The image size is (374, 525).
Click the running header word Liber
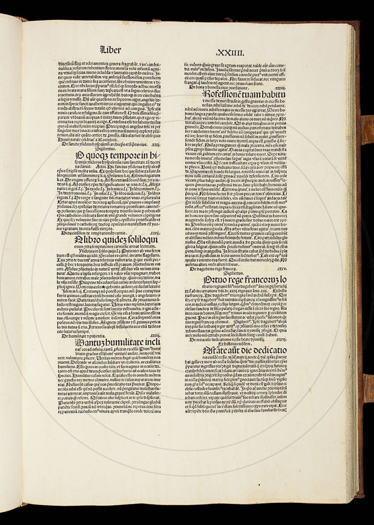(x=110, y=50)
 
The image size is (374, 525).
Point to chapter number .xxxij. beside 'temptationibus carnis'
(x=155, y=232)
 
